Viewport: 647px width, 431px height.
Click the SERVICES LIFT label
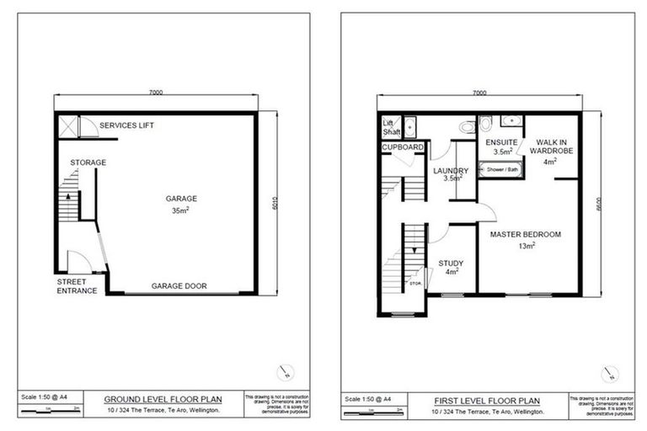(126, 125)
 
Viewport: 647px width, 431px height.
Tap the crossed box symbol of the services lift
(69, 125)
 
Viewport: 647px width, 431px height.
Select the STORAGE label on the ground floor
(88, 162)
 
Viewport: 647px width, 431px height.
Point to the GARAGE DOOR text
(179, 286)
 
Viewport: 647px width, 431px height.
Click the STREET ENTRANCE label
(77, 286)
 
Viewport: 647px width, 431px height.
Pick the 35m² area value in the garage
(179, 211)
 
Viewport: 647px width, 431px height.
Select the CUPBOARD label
(403, 146)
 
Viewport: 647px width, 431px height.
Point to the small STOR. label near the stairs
(415, 283)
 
